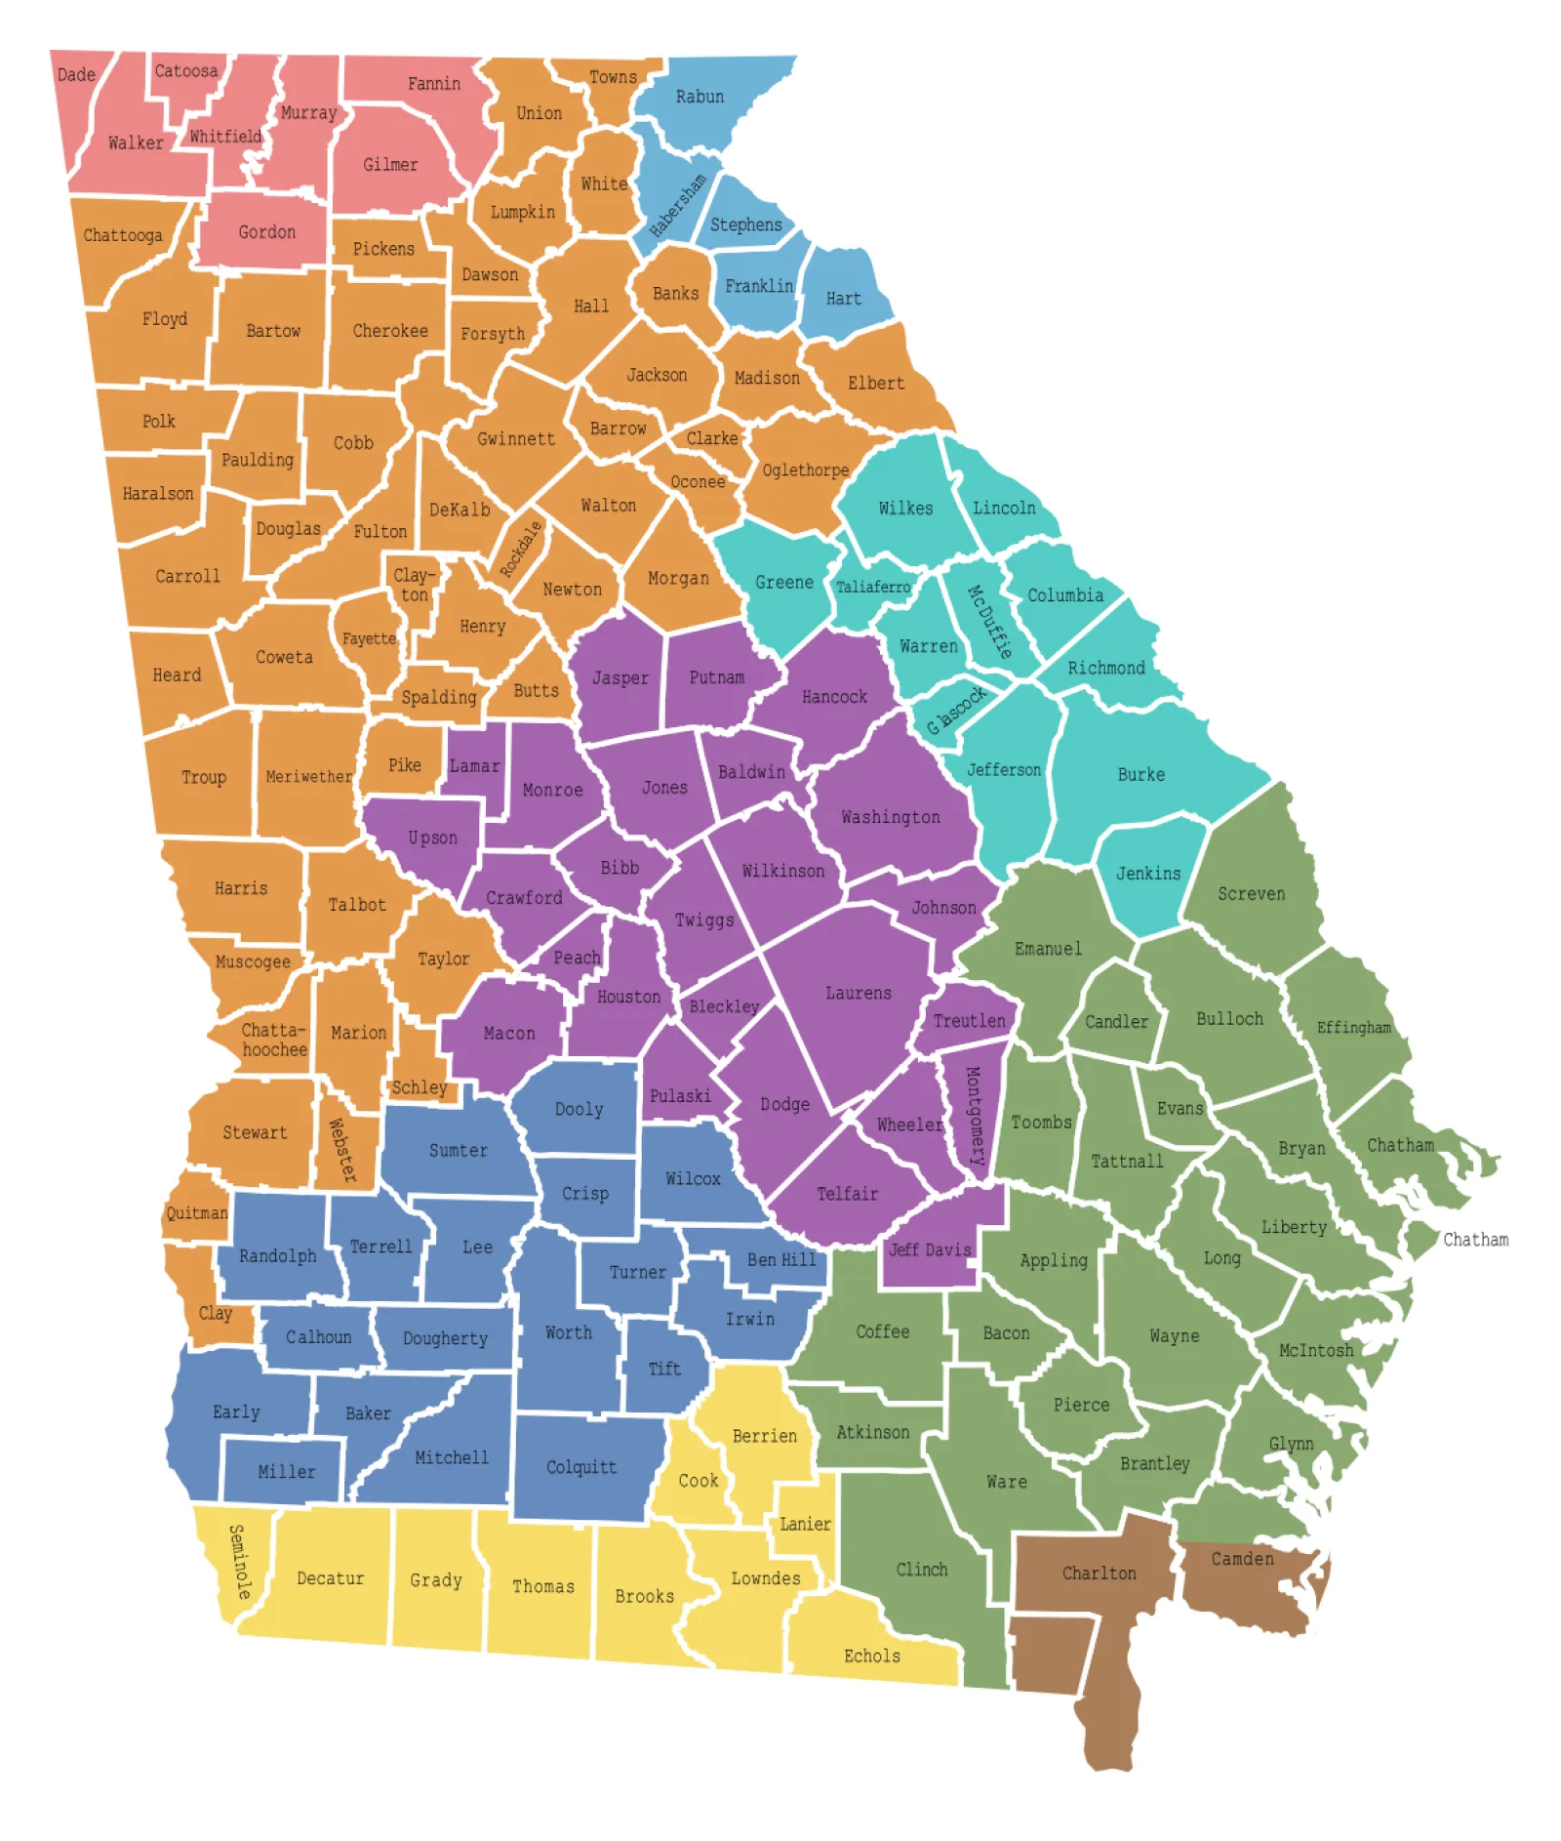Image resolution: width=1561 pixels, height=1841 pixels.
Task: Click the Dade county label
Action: (76, 75)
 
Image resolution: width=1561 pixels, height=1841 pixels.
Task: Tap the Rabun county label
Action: (700, 97)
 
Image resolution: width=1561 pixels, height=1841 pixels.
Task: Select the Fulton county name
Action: (380, 531)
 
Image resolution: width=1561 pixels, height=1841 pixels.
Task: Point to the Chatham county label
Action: (1400, 1145)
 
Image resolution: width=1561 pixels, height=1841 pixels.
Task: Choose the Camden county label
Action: (1242, 1559)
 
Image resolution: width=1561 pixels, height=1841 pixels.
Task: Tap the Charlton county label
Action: (1099, 1573)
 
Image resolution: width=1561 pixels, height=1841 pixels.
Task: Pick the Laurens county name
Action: (858, 993)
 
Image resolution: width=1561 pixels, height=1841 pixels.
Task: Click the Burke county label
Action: (1141, 774)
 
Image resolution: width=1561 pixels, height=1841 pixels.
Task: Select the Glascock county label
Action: (957, 710)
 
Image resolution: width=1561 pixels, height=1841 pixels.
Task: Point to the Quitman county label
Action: (196, 1213)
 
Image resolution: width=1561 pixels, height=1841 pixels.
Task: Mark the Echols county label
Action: (871, 1656)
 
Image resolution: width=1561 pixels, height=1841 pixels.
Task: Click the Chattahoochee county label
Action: (274, 1040)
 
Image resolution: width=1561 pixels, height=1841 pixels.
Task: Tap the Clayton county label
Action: (414, 585)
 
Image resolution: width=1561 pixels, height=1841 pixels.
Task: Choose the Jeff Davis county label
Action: (930, 1249)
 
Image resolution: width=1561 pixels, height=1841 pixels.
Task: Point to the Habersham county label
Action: (678, 206)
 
